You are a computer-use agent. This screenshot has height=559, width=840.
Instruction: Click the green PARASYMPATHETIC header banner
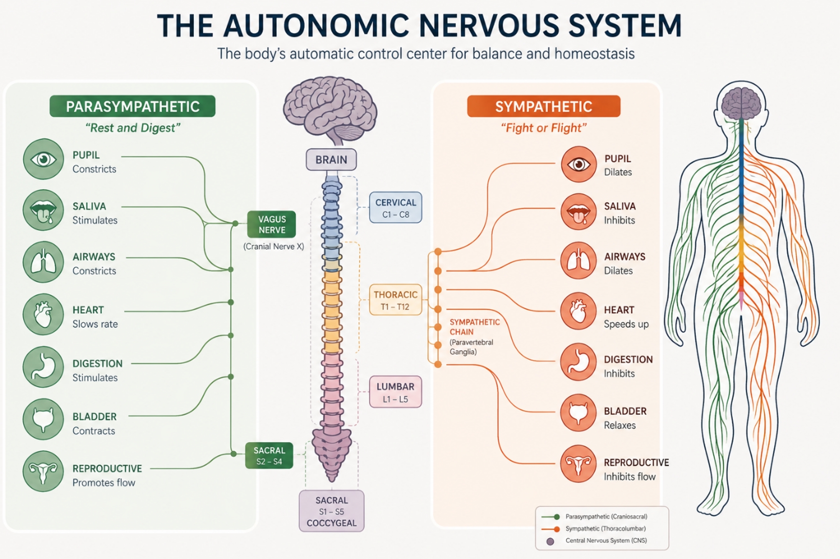pyautogui.click(x=132, y=106)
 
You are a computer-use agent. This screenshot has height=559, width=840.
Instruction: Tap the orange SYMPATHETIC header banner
pyautogui.click(x=544, y=106)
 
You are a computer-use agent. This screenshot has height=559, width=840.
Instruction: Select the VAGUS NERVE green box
pyautogui.click(x=271, y=225)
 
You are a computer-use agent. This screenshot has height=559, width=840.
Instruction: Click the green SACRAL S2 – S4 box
pyautogui.click(x=269, y=456)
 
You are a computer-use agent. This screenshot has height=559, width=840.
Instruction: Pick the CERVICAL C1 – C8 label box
pyautogui.click(x=396, y=208)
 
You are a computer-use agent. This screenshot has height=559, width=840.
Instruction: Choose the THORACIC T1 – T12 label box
pyautogui.click(x=396, y=300)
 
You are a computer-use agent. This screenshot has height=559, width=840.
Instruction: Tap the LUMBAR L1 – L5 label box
pyautogui.click(x=396, y=392)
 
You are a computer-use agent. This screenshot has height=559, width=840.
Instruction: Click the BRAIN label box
pyautogui.click(x=331, y=159)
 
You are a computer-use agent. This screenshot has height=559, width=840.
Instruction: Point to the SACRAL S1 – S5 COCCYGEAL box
pyautogui.click(x=332, y=511)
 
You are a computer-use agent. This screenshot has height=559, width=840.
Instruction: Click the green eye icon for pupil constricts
pyautogui.click(x=43, y=159)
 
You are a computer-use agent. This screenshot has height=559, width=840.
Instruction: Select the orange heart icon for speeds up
pyautogui.click(x=579, y=311)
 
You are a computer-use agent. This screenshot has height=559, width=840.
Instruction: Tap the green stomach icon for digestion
pyautogui.click(x=43, y=367)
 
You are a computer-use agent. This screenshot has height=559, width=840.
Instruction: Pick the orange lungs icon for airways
pyautogui.click(x=579, y=261)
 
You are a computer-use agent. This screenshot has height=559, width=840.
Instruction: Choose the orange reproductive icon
pyautogui.click(x=579, y=464)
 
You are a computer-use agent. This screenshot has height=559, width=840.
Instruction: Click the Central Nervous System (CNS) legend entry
pyautogui.click(x=598, y=541)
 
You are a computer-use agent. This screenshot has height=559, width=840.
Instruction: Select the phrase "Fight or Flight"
pyautogui.click(x=544, y=128)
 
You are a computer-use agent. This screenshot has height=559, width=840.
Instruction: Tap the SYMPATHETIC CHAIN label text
pyautogui.click(x=475, y=327)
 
